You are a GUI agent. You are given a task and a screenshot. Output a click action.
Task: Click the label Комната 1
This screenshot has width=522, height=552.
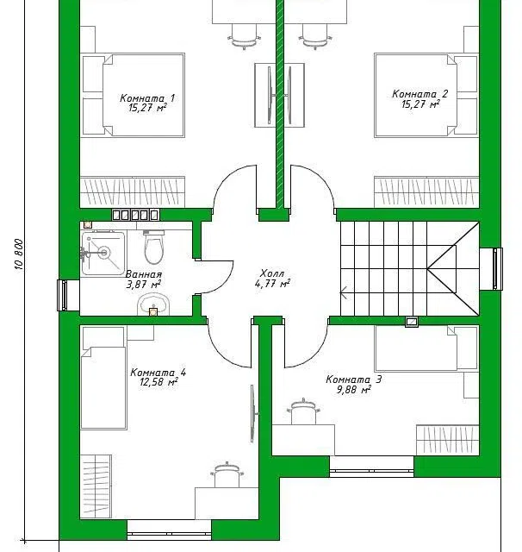(147, 97)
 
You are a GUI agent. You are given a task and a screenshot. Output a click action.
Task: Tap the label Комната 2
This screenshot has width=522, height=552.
(420, 94)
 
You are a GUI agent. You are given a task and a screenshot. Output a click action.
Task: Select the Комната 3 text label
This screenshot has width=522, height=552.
(354, 379)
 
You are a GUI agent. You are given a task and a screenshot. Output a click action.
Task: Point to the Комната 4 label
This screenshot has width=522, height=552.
(158, 373)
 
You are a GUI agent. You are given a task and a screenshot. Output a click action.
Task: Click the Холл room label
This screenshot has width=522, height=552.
(272, 273)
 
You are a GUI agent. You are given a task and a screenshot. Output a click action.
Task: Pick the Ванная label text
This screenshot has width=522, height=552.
(144, 274)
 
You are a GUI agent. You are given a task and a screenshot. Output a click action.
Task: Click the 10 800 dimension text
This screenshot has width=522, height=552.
(20, 254)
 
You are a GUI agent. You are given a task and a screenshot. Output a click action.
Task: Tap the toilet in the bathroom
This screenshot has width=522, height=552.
(154, 247)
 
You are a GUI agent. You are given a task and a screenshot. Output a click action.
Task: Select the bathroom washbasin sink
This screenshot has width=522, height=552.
(153, 304)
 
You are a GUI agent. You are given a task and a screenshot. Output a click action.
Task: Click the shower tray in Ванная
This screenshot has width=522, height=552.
(103, 253)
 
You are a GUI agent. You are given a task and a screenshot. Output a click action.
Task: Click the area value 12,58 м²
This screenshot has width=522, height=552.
(158, 382)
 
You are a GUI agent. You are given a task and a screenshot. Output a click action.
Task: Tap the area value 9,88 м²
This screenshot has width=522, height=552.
(354, 390)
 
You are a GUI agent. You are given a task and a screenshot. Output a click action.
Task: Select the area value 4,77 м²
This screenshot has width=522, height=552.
(272, 283)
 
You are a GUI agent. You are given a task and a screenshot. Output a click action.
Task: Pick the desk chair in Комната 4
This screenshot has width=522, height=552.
(227, 474)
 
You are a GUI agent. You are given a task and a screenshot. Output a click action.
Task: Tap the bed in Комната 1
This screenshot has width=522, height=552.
(134, 95)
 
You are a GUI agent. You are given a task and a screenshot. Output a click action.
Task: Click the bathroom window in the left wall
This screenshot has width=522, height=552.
(63, 295)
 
